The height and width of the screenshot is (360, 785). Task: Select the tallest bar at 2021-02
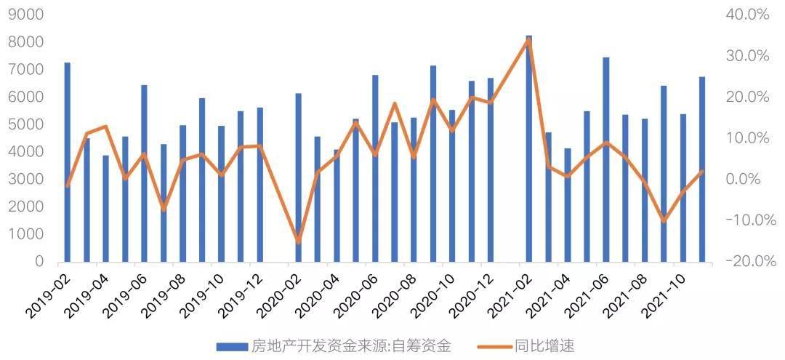[528, 148]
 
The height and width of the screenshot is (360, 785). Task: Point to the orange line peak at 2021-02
[528, 41]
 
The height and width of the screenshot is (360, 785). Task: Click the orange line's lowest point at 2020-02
[298, 241]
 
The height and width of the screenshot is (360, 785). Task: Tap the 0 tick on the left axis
[39, 261]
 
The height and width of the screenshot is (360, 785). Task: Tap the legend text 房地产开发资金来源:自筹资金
[351, 345]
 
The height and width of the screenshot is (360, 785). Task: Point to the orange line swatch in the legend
[495, 346]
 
